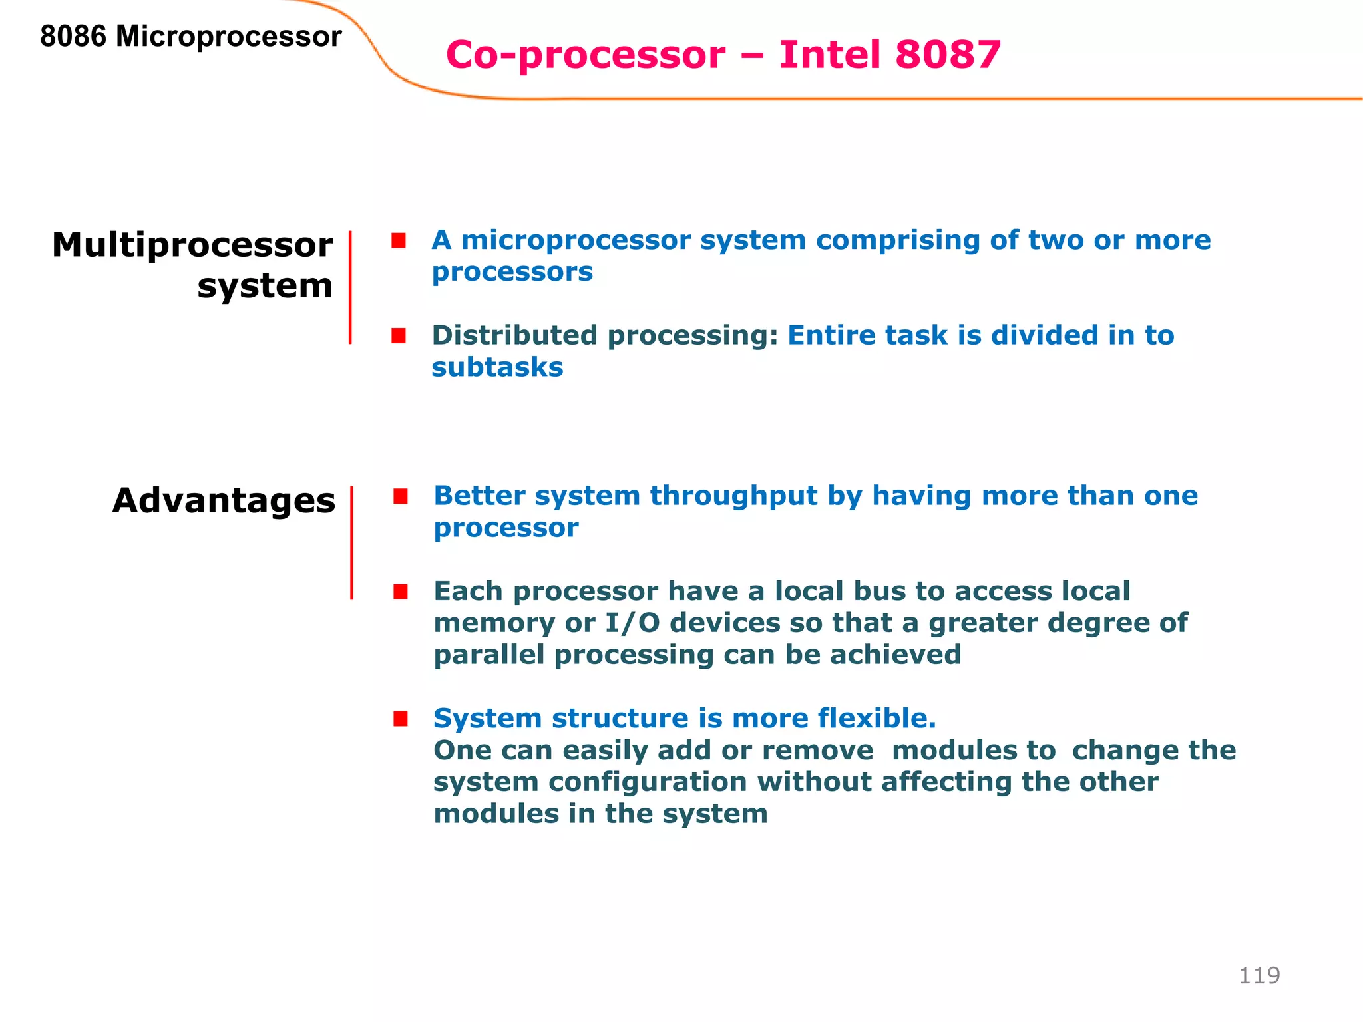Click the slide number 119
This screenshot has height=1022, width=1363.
(x=1259, y=975)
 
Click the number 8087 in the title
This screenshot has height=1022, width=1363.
(x=948, y=55)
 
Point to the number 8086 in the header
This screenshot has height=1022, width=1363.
(x=73, y=37)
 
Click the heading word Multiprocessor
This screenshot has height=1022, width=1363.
(x=192, y=245)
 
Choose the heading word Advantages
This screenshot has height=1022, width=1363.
(x=224, y=500)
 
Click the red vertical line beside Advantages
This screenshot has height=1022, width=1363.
(x=351, y=542)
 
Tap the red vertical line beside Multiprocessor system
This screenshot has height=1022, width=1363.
(x=350, y=287)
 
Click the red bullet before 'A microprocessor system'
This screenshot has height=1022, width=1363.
(x=399, y=240)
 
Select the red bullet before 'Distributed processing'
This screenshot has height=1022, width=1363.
(x=399, y=336)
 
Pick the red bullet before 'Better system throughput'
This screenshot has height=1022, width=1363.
(x=400, y=496)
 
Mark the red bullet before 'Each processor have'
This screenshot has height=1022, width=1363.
(x=400, y=592)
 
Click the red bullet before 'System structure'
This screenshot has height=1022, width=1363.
(x=400, y=719)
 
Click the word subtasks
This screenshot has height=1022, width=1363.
(x=497, y=367)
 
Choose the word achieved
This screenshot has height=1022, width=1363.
(x=895, y=655)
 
